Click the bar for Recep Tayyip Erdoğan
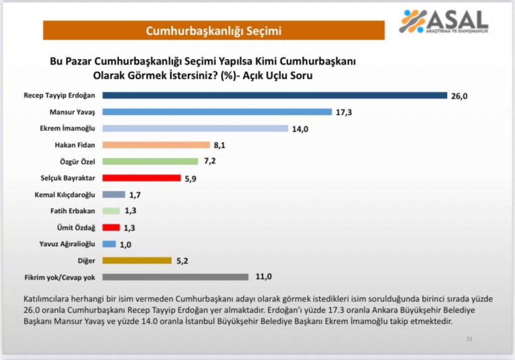tap(275, 95)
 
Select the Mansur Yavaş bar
tap(217, 112)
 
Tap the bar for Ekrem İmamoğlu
tap(195, 128)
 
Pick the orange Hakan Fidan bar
tap(156, 145)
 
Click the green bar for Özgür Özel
tap(150, 161)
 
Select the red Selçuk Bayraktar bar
tap(142, 178)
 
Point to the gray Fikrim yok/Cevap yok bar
tap(176, 277)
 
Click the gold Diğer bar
tap(137, 260)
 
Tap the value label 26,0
tap(459, 96)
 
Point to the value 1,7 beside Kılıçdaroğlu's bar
tap(134, 194)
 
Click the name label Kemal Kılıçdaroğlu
tap(64, 194)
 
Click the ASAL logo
tap(444, 21)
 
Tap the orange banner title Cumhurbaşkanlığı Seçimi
tap(213, 31)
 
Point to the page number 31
tap(469, 339)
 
